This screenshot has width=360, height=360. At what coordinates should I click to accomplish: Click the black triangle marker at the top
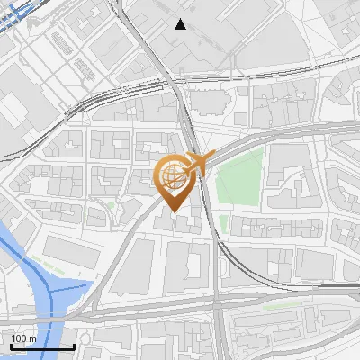181,24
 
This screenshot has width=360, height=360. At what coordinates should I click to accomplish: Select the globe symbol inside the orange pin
171,174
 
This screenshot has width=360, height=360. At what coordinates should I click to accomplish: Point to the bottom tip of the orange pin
172,212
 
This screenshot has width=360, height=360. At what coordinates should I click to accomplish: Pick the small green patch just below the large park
223,223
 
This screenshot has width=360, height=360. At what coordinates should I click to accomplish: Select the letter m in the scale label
32,338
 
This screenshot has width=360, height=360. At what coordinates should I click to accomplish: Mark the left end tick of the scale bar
11,346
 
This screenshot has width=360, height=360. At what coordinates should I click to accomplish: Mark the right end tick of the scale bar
74,346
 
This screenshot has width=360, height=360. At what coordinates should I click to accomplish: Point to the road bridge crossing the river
40,319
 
